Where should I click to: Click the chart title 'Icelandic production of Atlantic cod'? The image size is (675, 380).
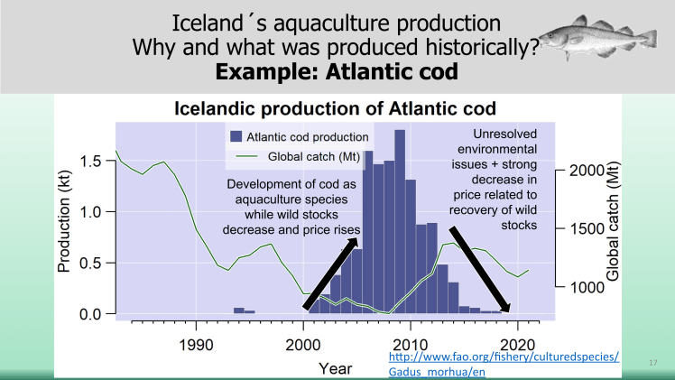pyautogui.click(x=335, y=109)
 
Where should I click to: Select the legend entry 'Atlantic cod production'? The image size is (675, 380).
pyautogui.click(x=300, y=137)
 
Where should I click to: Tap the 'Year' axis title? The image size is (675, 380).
pyautogui.click(x=335, y=367)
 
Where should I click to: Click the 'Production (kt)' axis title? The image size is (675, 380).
pyautogui.click(x=65, y=224)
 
